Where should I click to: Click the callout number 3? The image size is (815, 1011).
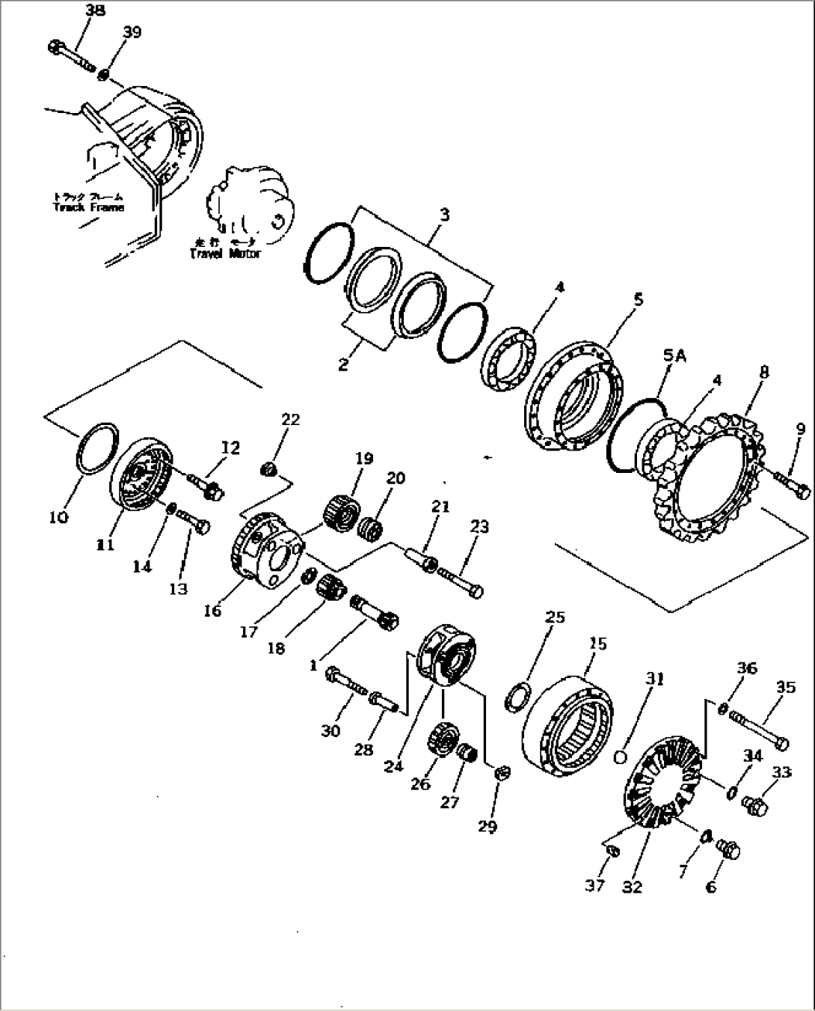coord(444,215)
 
